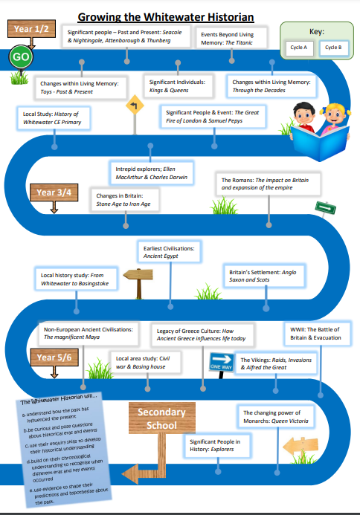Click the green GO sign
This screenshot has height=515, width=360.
coord(21,56)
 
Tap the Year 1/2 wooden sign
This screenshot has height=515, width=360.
coord(31,29)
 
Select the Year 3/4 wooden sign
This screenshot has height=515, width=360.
coord(54,192)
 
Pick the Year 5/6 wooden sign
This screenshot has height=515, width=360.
coord(54,357)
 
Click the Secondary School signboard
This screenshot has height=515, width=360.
coord(161,418)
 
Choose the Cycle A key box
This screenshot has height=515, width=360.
coord(299,48)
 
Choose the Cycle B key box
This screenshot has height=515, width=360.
coord(333,48)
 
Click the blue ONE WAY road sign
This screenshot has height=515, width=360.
coord(221,362)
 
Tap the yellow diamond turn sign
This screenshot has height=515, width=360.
coord(135,105)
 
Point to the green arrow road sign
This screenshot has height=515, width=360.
coord(326,208)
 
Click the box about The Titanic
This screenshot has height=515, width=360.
coord(231,38)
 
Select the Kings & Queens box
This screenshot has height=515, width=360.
coord(179,86)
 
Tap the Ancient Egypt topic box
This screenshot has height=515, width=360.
coord(169,252)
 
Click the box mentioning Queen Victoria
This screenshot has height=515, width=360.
coord(276,417)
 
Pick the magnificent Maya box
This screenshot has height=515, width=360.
coord(89,333)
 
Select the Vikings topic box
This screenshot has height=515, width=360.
coord(276,363)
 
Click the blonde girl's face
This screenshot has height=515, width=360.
coord(335,116)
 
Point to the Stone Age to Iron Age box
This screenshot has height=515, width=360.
coord(125,200)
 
